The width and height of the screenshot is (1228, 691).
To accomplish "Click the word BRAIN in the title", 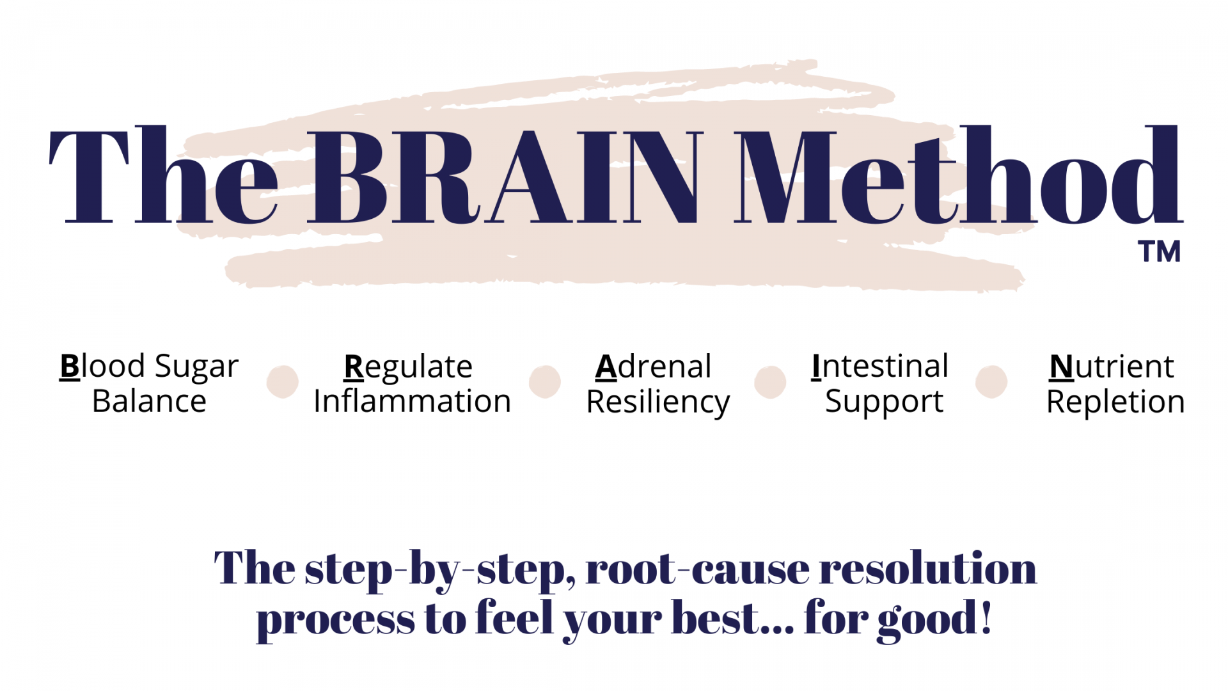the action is pyautogui.click(x=505, y=177).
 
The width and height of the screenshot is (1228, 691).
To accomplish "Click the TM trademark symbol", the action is pyautogui.click(x=1159, y=251).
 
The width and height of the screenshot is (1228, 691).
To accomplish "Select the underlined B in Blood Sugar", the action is pyautogui.click(x=70, y=367).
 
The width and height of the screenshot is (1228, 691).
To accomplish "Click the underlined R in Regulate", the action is pyautogui.click(x=354, y=367).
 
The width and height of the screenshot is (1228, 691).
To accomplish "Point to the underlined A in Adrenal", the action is pyautogui.click(x=606, y=367).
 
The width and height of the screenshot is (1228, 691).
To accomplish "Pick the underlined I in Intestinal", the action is pyautogui.click(x=815, y=367).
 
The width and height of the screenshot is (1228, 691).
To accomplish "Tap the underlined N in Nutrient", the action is pyautogui.click(x=1062, y=367).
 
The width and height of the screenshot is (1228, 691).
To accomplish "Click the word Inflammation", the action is pyautogui.click(x=412, y=401).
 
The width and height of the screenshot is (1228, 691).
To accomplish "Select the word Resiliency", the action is pyautogui.click(x=658, y=403).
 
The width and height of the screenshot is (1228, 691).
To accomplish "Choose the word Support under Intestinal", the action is pyautogui.click(x=884, y=403).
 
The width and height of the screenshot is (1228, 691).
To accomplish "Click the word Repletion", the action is pyautogui.click(x=1115, y=403).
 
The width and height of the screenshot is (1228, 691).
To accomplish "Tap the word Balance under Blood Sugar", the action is pyautogui.click(x=149, y=401).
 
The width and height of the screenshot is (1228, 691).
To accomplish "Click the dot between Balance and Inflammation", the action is pyautogui.click(x=283, y=382).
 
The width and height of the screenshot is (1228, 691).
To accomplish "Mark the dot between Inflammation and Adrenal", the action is pyautogui.click(x=545, y=382).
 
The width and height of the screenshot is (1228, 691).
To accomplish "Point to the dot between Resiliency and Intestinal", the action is pyautogui.click(x=770, y=382).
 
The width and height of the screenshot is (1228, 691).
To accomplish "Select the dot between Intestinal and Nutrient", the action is pyautogui.click(x=991, y=382).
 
